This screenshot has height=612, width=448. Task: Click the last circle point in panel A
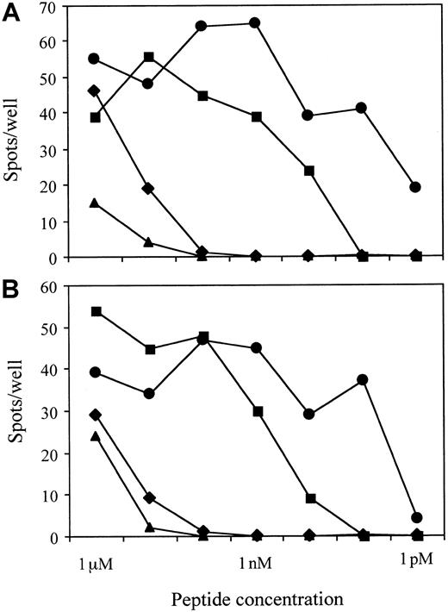[x=416, y=187]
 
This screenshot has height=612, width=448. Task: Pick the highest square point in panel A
[x=148, y=57]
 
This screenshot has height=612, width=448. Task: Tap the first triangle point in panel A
[x=95, y=203]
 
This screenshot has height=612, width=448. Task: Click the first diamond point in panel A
[x=95, y=91]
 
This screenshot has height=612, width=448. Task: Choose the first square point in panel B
[x=95, y=311]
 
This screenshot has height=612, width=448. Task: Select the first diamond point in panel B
[x=95, y=415]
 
